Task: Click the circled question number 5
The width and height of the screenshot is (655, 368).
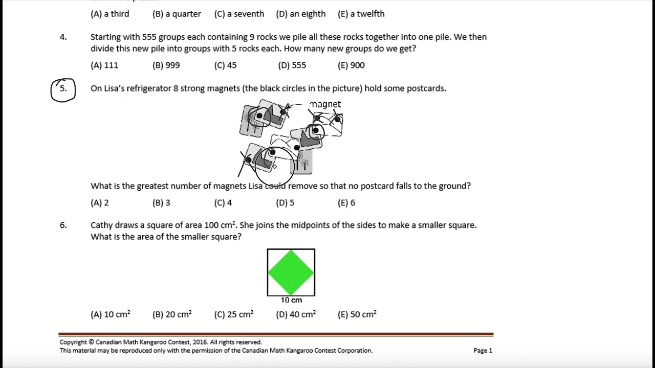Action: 63,89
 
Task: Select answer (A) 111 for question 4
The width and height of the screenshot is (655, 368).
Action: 104,65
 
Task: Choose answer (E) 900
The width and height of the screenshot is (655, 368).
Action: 351,65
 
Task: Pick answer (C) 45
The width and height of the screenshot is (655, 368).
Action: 225,65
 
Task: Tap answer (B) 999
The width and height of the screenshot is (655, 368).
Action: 166,65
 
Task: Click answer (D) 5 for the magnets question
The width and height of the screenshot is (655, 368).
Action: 285,203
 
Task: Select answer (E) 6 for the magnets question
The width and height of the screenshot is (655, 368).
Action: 346,203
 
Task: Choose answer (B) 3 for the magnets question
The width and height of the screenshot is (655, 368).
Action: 161,203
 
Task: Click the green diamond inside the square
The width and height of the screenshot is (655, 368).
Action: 291,272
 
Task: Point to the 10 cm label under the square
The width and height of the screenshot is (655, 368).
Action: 291,300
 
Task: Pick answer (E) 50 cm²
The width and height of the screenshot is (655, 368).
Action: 357,315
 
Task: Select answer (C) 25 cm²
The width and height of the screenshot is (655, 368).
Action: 234,315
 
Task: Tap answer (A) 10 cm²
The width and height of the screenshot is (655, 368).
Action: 111,315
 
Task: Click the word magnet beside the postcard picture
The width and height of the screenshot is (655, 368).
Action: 325,104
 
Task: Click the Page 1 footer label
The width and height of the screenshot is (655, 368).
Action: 483,351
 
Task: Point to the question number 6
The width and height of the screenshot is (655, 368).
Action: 63,225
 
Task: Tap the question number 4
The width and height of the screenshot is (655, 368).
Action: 63,37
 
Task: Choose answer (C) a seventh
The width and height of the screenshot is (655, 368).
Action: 239,14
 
